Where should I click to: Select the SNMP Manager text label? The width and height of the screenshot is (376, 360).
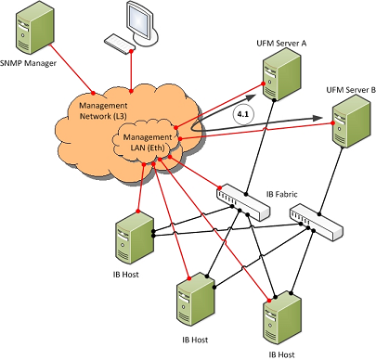28,63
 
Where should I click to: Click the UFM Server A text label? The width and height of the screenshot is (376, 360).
281,43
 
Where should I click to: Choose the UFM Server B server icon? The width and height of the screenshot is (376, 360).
351,122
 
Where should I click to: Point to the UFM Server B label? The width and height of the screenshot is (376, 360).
351,90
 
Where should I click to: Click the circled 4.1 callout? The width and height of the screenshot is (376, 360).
243,114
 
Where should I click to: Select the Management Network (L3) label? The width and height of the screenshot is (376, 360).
103,110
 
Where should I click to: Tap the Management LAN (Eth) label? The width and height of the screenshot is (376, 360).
148,142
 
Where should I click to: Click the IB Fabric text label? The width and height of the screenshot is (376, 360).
281,194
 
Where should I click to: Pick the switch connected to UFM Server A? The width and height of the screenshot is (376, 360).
242,203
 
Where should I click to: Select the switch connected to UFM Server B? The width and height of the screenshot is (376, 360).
317,223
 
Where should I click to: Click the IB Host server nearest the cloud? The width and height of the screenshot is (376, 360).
135,238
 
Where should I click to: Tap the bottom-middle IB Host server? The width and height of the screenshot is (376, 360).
196,300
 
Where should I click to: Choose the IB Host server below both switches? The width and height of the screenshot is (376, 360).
282,318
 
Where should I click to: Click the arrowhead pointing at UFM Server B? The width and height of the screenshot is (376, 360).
318,118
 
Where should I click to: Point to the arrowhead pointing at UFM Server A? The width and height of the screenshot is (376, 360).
252,97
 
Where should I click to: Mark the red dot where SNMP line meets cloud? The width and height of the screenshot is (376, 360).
93,93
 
